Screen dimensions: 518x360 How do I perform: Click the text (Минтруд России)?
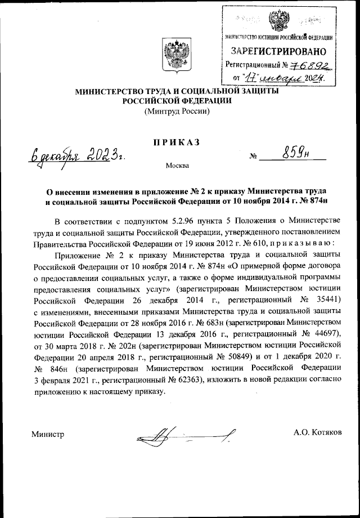[177, 111]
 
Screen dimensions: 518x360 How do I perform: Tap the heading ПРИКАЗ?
[177, 143]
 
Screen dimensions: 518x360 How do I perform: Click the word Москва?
[177, 166]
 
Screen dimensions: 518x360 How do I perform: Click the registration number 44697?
[326, 333]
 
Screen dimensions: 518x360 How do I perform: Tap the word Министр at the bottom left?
[48, 433]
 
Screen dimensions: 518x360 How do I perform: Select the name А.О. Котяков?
[317, 432]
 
